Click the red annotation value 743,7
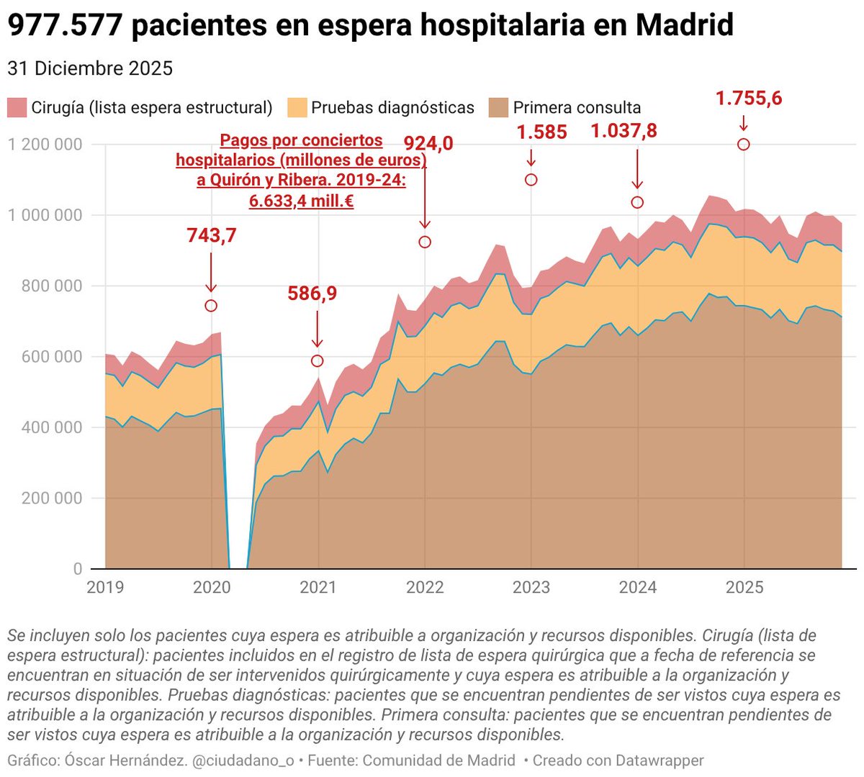(211, 235)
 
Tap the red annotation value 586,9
(312, 294)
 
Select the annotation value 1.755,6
(748, 99)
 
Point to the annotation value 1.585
(541, 132)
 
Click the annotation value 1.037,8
(624, 131)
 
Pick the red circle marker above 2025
(744, 145)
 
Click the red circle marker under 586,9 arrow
(318, 360)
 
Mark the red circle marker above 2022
(425, 242)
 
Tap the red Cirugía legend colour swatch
(17, 108)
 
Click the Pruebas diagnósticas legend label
(392, 108)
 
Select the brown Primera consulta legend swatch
(498, 108)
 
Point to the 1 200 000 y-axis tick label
(45, 145)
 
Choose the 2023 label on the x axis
(531, 587)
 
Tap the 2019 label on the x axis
(105, 587)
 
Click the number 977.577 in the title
(66, 26)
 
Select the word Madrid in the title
(684, 26)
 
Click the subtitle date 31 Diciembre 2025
(90, 68)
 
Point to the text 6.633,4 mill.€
(301, 201)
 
